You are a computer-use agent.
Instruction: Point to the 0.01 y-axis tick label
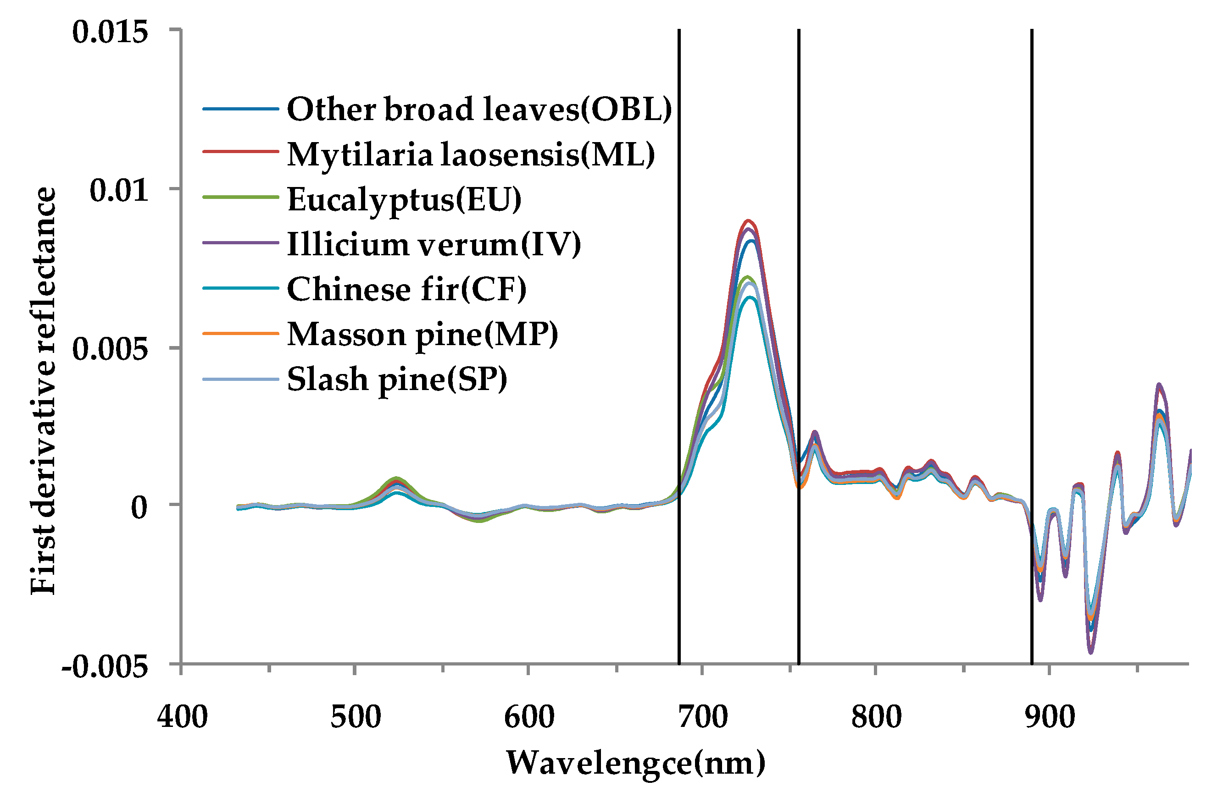pyautogui.click(x=118, y=190)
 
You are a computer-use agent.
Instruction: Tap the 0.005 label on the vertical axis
pyautogui.click(x=110, y=349)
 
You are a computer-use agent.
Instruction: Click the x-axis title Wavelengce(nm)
pyautogui.click(x=635, y=763)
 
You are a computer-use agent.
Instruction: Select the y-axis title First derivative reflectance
pyautogui.click(x=43, y=391)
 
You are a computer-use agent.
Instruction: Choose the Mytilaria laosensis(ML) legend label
pyautogui.click(x=471, y=154)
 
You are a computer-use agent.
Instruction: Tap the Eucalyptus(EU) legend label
pyautogui.click(x=404, y=199)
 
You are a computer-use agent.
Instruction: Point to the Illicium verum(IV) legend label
pyautogui.click(x=434, y=244)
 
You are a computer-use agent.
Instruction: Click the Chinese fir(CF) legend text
pyautogui.click(x=406, y=289)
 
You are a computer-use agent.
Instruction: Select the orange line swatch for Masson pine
pyautogui.click(x=240, y=333)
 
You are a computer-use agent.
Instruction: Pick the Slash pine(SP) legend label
pyautogui.click(x=397, y=379)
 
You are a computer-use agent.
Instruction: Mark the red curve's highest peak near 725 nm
pyautogui.click(x=748, y=221)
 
